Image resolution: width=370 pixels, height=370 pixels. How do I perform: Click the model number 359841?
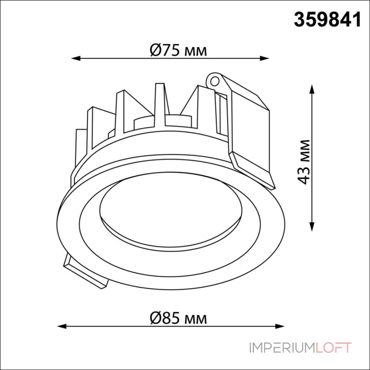click(327, 19)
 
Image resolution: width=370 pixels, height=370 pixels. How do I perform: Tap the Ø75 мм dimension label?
click(179, 50)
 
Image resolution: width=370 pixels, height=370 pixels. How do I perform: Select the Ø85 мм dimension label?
click(179, 318)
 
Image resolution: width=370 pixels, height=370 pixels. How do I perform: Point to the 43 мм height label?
click(303, 162)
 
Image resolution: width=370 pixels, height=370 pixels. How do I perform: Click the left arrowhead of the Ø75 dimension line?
click(76, 58)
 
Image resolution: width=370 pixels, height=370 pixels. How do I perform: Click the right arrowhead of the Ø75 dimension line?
click(264, 58)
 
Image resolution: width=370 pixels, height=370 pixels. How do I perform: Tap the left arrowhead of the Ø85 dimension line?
click(62, 327)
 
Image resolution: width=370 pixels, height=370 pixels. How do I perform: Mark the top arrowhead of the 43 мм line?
click(312, 89)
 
